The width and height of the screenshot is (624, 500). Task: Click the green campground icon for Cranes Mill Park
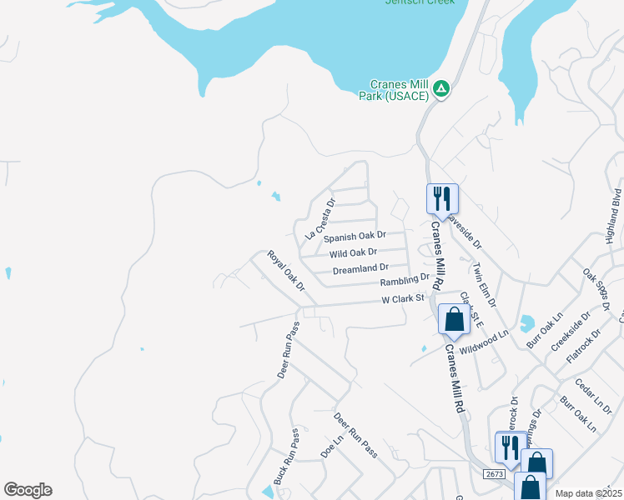click(x=441, y=87)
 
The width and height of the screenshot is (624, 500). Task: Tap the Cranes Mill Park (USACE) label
click(x=400, y=90)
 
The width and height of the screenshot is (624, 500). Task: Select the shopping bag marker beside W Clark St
click(x=454, y=319)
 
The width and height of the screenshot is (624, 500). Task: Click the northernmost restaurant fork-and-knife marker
click(x=442, y=199)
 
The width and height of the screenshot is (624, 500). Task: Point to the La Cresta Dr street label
click(x=320, y=219)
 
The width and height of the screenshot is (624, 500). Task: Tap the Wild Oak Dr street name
click(x=359, y=252)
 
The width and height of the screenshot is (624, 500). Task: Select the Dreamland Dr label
click(x=360, y=268)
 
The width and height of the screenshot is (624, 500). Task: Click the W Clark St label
click(x=403, y=298)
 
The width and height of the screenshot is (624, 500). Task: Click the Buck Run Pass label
click(x=285, y=457)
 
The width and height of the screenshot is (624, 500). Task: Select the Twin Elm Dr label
click(x=484, y=285)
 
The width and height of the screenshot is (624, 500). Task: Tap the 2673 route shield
click(x=494, y=473)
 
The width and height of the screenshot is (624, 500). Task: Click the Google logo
click(x=28, y=490)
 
